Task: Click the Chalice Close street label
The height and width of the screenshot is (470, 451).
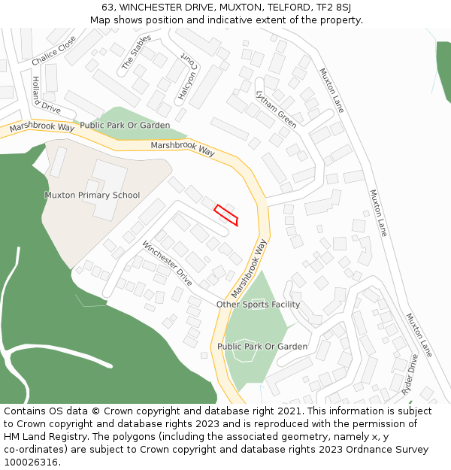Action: pyautogui.click(x=54, y=50)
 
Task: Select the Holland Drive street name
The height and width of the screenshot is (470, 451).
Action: pyautogui.click(x=46, y=96)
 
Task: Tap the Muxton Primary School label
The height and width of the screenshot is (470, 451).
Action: pyautogui.click(x=92, y=196)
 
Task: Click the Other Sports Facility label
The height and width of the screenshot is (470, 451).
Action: pyautogui.click(x=258, y=305)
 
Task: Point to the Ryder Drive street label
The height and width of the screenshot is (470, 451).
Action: pyautogui.click(x=410, y=376)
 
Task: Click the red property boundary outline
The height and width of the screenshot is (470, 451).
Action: pyautogui.click(x=226, y=215)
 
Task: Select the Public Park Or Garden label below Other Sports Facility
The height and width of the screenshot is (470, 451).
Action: pyautogui.click(x=262, y=347)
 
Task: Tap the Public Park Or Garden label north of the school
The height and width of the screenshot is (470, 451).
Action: pyautogui.click(x=125, y=125)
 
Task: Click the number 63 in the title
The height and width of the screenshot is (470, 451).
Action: pyautogui.click(x=107, y=8)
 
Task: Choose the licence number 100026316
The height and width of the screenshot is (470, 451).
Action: pyautogui.click(x=31, y=462)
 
